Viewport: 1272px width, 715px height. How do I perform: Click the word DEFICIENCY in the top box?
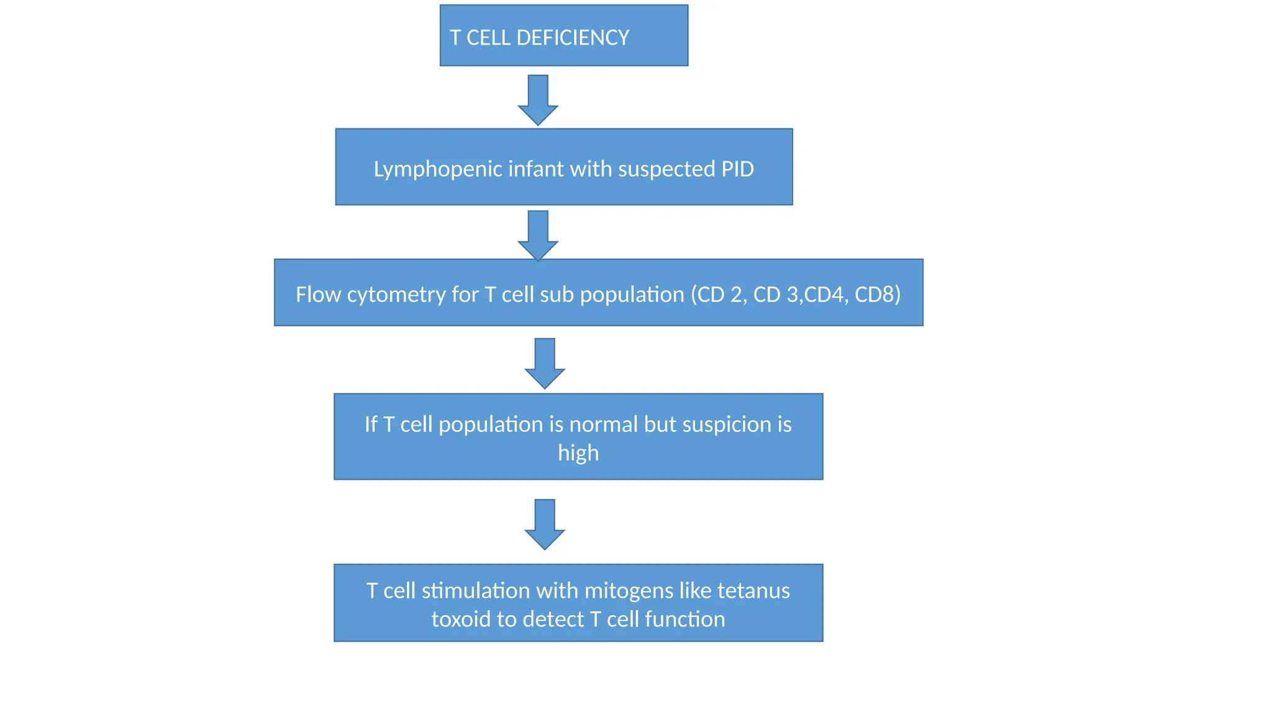click(573, 38)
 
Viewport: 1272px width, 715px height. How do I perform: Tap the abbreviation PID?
click(737, 169)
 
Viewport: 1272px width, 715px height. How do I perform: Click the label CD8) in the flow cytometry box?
click(878, 294)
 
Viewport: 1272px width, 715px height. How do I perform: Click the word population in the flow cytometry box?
click(632, 294)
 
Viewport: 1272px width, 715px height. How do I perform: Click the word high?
click(578, 453)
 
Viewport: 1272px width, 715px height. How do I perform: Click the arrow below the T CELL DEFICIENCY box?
click(538, 99)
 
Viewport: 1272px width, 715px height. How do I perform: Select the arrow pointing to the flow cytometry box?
click(538, 235)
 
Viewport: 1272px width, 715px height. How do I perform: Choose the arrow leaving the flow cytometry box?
click(545, 362)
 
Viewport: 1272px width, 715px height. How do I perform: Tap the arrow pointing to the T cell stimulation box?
click(545, 523)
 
